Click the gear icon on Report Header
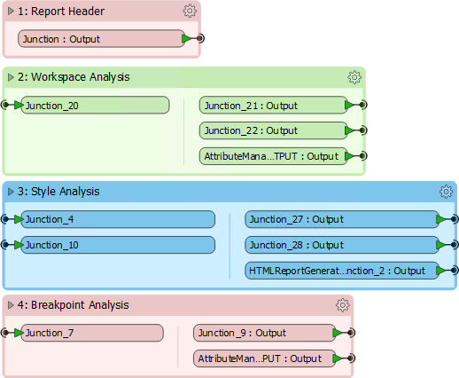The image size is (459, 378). (190, 11)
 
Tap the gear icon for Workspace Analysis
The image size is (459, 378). (354, 77)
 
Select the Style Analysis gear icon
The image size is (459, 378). (446, 192)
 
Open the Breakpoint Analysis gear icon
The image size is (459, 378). (343, 305)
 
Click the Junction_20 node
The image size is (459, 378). (95, 105)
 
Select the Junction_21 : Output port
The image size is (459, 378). (273, 105)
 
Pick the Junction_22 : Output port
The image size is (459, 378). (273, 130)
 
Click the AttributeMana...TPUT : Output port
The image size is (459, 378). (273, 156)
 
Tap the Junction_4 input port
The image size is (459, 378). (118, 219)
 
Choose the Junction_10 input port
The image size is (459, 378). (118, 245)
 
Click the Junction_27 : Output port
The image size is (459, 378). (342, 219)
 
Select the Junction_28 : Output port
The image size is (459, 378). (342, 245)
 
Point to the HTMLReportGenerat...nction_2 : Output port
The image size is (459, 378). (342, 271)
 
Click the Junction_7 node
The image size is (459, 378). (92, 333)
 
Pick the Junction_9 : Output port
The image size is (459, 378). (264, 333)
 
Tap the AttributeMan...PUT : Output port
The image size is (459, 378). (264, 358)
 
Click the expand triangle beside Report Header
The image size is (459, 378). (11, 12)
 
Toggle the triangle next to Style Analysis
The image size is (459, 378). (11, 192)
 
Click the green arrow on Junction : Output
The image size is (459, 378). (187, 38)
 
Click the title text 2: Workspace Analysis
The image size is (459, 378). (74, 77)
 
